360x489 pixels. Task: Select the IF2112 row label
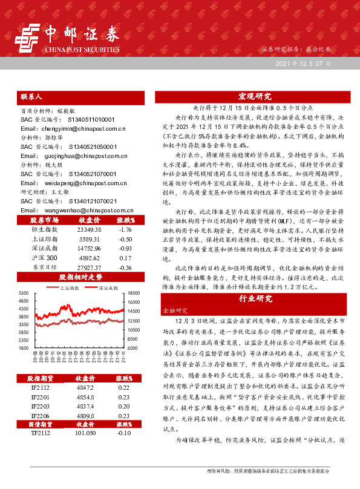pos(40,387)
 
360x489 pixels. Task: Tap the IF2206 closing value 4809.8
pos(85,417)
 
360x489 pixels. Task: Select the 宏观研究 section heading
pos(254,96)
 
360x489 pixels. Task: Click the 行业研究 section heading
pos(254,298)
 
